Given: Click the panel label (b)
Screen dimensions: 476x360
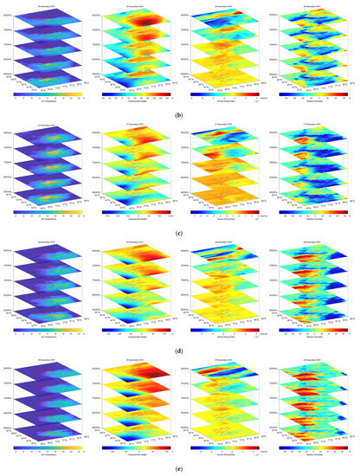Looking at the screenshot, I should click(180, 112).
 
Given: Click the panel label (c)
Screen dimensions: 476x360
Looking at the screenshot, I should click(180, 228).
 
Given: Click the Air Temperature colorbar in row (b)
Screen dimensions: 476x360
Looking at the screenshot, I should click(48, 90).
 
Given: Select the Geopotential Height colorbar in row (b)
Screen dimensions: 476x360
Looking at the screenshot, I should click(136, 90).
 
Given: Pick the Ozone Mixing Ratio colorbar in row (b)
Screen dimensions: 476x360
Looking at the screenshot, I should click(223, 90).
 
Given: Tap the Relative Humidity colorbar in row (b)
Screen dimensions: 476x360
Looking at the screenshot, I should click(311, 90).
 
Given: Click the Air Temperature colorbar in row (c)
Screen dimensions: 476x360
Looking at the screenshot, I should click(48, 206).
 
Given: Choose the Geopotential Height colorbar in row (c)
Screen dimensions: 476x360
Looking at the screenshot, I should click(136, 206).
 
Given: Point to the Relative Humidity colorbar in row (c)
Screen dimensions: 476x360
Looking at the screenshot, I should click(311, 206).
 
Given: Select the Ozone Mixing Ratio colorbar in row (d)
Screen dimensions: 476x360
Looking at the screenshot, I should click(223, 321).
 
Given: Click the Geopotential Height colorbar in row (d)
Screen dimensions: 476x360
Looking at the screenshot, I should click(136, 321).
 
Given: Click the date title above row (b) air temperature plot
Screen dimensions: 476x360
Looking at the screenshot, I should click(48, 4).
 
